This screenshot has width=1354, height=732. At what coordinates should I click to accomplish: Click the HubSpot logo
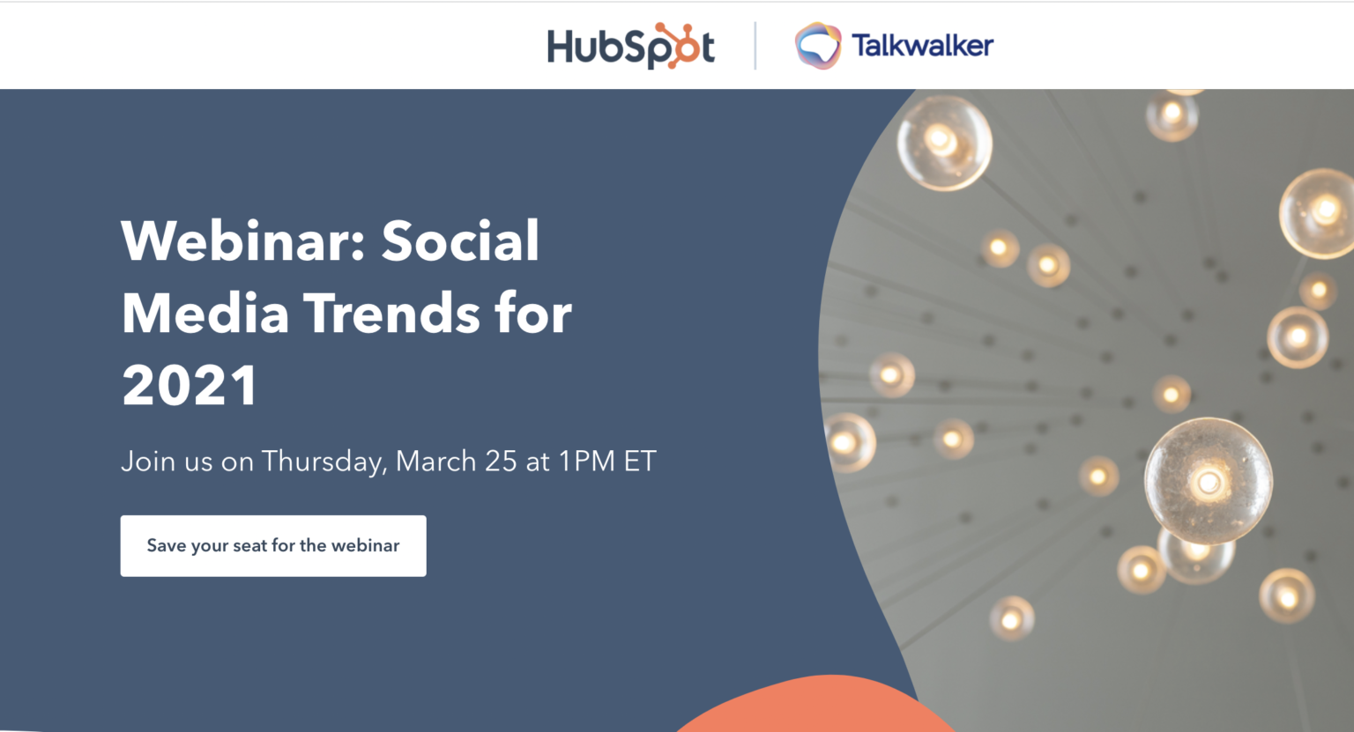[x=630, y=46]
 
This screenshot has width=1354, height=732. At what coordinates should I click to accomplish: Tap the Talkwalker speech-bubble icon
[x=818, y=46]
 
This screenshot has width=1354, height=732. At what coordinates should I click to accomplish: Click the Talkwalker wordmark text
[x=922, y=46]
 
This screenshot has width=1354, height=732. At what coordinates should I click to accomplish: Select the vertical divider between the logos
[x=755, y=46]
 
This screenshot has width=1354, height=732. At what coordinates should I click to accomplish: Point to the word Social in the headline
[x=460, y=240]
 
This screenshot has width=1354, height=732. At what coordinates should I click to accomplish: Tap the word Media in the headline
[x=205, y=314]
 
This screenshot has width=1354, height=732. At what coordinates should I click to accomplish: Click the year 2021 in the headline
[x=190, y=386]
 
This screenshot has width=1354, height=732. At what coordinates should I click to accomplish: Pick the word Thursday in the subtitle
[x=324, y=462]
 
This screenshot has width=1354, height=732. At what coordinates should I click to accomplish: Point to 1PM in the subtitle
[x=586, y=462]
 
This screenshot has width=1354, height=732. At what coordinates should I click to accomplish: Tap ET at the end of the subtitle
[x=640, y=462]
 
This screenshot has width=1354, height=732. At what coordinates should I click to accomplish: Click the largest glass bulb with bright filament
[x=1208, y=480]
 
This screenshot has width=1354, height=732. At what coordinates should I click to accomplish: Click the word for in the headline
[x=533, y=314]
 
